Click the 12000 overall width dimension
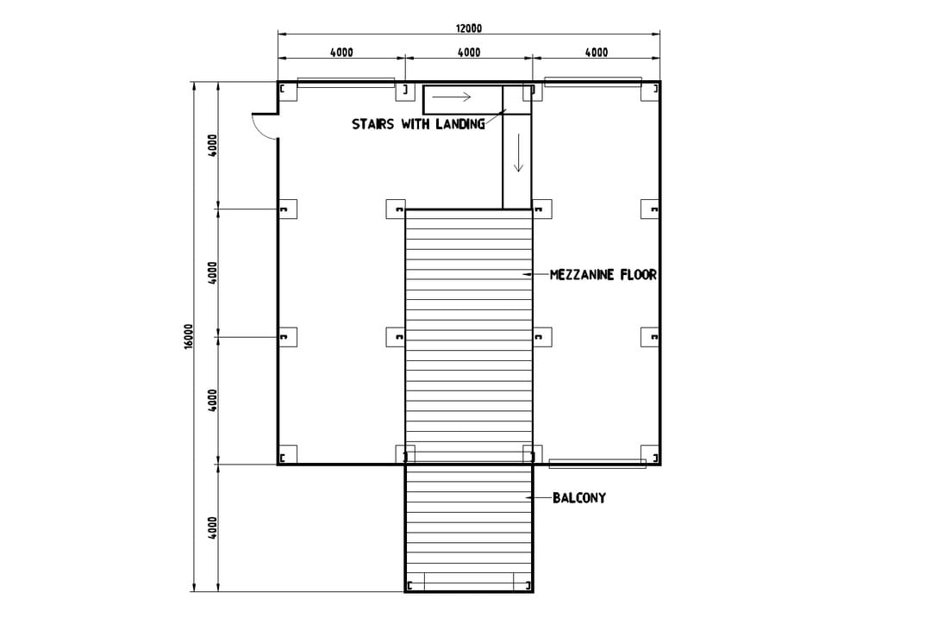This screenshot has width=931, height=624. pos(468,28)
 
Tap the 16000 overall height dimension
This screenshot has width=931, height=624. pos(189,336)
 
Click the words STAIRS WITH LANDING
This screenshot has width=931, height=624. pos(419,124)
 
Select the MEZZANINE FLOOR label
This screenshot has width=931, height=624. pos(603,274)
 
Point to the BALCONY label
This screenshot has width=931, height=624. pos(579,497)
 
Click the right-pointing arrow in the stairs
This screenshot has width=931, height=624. pos(451,97)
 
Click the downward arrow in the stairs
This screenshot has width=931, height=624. pos(518,153)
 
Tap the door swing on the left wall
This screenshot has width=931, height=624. pos(262,125)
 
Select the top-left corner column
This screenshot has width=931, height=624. pos(287,90)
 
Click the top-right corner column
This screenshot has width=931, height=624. pos(650,90)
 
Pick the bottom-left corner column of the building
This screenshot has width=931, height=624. pos(287,455)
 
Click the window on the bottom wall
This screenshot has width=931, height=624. pos(597,464)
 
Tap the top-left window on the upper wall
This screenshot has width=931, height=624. pos(346,83)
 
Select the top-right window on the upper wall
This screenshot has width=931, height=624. pos(593,82)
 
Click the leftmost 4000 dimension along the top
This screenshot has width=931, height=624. pos(341,53)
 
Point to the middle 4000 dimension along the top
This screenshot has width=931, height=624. pos(469,53)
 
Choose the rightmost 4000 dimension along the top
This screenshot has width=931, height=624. pos(597,53)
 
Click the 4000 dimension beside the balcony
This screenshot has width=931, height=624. pos(213,527)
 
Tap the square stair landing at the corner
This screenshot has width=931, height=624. pos(516,100)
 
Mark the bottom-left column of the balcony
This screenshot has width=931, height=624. pos(415,583)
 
